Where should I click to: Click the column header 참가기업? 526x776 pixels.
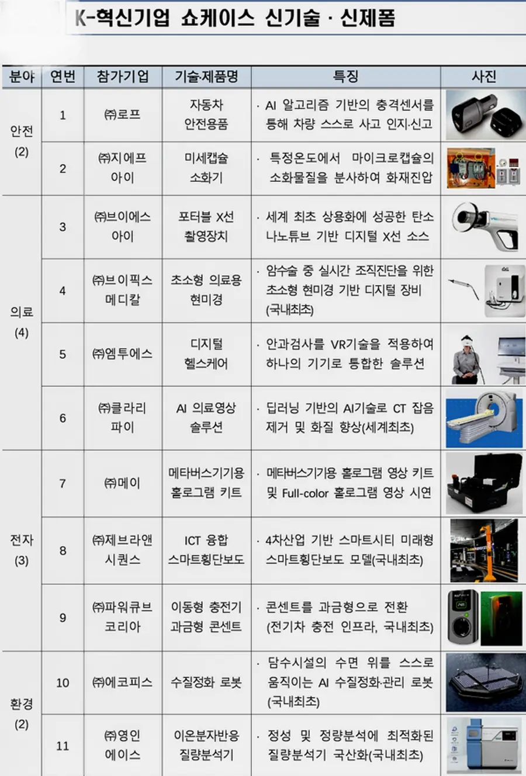(123, 77)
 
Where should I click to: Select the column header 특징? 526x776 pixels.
(345, 77)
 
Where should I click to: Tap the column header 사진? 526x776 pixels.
(483, 77)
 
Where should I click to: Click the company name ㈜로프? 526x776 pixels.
(123, 115)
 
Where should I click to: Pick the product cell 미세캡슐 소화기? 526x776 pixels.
(206, 168)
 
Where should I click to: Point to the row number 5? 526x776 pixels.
(63, 354)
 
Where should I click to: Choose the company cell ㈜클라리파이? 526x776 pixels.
(123, 417)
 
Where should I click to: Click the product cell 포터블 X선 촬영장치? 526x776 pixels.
(206, 226)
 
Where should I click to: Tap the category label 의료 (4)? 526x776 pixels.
(22, 322)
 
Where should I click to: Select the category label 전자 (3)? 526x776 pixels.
(22, 550)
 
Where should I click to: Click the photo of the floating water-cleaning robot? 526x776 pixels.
(484, 682)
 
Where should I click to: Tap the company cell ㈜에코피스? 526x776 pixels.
(123, 682)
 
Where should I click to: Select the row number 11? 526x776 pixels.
(63, 746)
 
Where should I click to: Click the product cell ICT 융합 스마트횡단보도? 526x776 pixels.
(206, 550)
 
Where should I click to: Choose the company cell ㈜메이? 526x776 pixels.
(123, 483)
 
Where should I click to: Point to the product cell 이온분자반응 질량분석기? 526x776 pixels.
(206, 745)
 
